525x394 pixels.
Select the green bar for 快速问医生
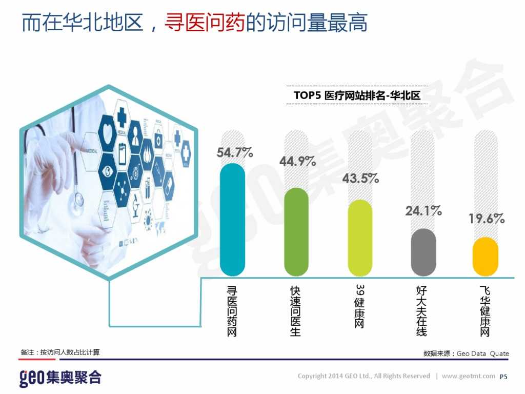[x=296, y=232]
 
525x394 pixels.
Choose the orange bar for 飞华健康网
[x=485, y=257]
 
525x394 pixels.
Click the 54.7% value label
[x=235, y=152]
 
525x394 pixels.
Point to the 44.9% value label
[x=297, y=162]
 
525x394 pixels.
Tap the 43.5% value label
[x=360, y=179]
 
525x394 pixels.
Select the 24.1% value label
[x=423, y=210]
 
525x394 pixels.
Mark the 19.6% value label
[x=487, y=219]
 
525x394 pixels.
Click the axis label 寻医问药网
[x=232, y=311]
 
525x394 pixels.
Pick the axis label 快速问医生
[x=296, y=311]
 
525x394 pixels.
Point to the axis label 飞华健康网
[x=485, y=311]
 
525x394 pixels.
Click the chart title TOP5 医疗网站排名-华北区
[x=357, y=95]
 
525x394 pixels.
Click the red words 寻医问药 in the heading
[x=204, y=24]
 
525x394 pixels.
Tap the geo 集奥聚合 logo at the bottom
[x=60, y=378]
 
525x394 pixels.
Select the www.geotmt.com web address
[x=468, y=376]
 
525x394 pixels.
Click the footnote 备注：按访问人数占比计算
[x=60, y=352]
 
